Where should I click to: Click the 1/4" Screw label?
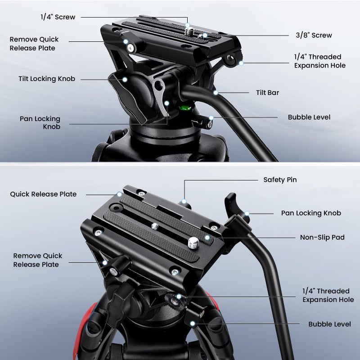[x=58, y=17]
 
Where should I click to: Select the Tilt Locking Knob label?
[x=47, y=79]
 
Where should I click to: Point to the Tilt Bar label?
[x=267, y=93]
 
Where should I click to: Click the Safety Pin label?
[x=280, y=180]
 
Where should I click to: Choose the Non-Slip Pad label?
[x=322, y=237]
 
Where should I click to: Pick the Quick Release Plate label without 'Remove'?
[x=43, y=194]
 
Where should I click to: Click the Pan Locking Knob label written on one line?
[x=311, y=213]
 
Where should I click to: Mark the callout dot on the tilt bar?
[x=216, y=93]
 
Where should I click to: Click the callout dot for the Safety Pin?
[x=184, y=201]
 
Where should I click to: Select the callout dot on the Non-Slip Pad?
[x=207, y=237]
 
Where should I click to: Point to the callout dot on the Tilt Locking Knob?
[x=125, y=80]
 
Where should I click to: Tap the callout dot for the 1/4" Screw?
[x=187, y=27]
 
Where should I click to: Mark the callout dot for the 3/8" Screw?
[x=205, y=35]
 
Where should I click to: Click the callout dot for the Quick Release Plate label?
[x=119, y=194]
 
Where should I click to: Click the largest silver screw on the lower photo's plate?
[x=194, y=243]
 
